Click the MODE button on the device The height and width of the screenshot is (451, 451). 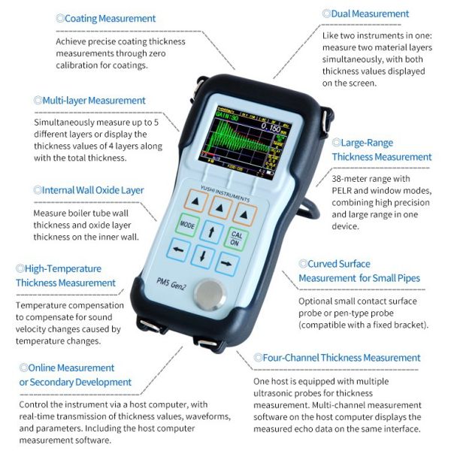click(x=187, y=225)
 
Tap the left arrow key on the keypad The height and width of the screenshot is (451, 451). click(x=178, y=250)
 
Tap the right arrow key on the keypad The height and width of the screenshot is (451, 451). click(x=227, y=264)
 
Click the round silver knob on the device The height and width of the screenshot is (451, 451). click(x=210, y=295)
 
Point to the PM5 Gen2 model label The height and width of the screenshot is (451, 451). click(x=171, y=283)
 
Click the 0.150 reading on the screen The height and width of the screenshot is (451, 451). click(x=271, y=128)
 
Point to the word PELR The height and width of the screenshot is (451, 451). click(x=341, y=191)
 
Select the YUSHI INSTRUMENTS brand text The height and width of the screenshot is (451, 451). click(x=225, y=194)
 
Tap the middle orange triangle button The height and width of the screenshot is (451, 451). click(x=219, y=207)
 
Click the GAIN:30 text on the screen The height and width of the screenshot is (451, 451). click(x=227, y=117)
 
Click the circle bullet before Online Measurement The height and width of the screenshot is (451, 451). click(x=23, y=368)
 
